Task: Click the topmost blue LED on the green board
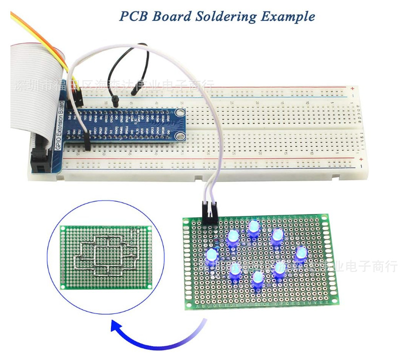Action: point(253,227)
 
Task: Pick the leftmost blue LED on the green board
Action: point(211,257)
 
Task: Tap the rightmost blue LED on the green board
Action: point(301,254)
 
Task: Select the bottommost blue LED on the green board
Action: point(257,278)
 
